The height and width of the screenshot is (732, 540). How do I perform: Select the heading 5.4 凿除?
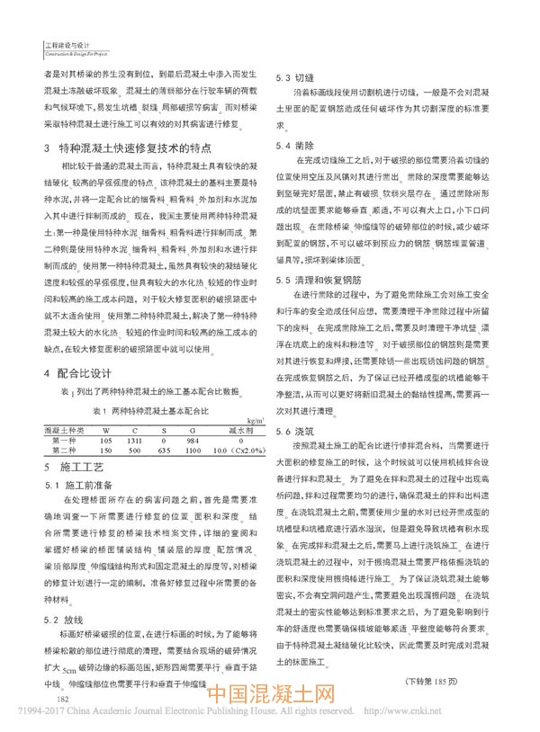pos(296,145)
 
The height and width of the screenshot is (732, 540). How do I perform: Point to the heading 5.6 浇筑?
pos(296,433)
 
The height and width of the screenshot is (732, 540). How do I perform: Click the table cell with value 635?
pos(163,450)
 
